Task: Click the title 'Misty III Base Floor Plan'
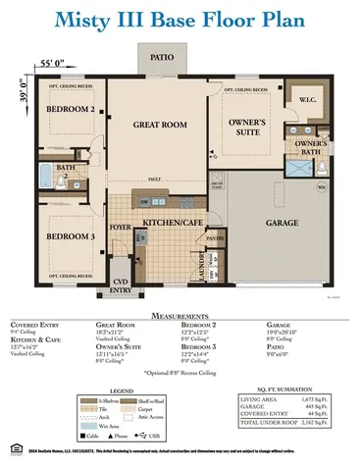click(180, 20)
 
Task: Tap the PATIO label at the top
click(162, 57)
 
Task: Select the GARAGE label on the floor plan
click(282, 195)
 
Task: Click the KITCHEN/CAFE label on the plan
click(173, 196)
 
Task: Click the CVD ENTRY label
click(120, 259)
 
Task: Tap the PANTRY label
click(215, 209)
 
